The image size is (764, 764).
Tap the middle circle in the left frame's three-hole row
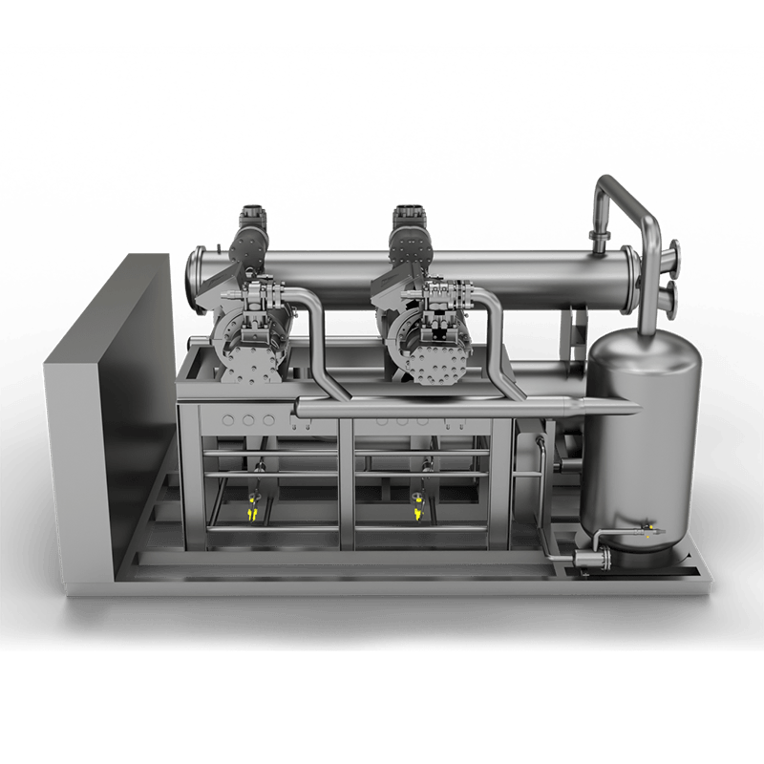tap(249, 419)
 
